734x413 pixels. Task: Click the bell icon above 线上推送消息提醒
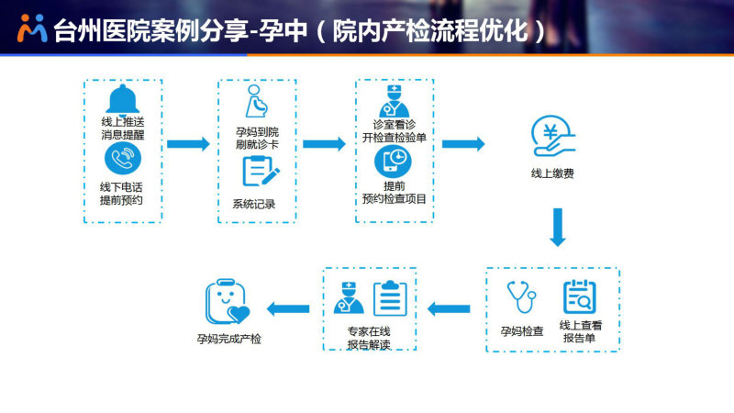point(123,100)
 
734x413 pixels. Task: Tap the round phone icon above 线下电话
point(123,158)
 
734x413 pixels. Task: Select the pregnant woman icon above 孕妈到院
point(257,101)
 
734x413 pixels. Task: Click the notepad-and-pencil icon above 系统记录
point(261,171)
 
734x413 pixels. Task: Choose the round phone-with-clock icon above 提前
point(394,162)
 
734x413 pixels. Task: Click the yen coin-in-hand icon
point(553,136)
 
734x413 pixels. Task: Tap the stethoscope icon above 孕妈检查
point(521,296)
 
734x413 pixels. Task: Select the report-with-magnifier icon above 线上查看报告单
point(580,296)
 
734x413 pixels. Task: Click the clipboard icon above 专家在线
point(390,298)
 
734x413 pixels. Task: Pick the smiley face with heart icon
point(227,302)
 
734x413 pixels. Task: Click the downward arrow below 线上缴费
point(558,228)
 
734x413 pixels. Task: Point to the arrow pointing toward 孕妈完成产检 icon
point(288,308)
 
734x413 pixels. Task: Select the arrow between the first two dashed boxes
point(189,144)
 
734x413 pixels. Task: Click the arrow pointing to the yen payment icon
point(463,144)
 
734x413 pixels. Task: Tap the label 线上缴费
point(552,173)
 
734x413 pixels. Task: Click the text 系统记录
point(254,204)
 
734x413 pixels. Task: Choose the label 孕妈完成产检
point(228,339)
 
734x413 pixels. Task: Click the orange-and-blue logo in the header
point(32,28)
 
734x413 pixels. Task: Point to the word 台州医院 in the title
point(102,31)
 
